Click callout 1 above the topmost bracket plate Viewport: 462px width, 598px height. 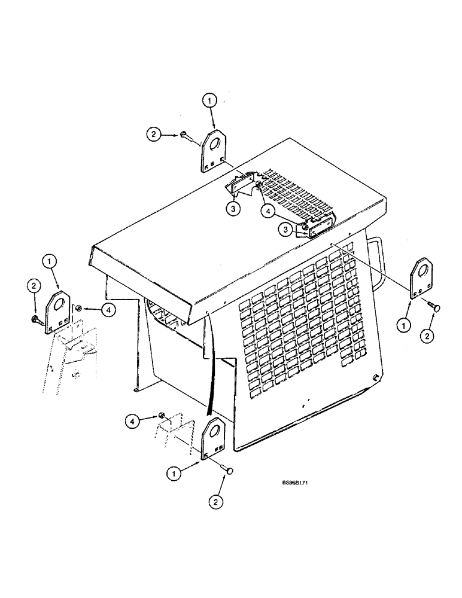tap(210, 102)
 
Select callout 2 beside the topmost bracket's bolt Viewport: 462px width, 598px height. tap(154, 136)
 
